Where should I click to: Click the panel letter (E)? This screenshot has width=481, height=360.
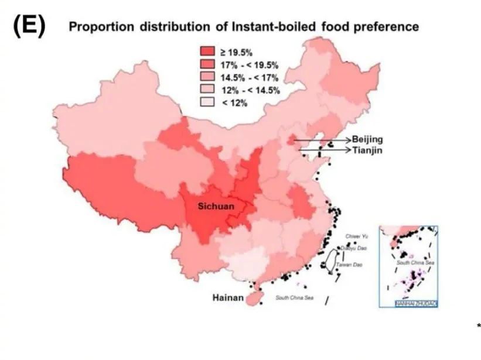click(x=29, y=26)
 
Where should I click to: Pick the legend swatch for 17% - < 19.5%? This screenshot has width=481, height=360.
click(x=208, y=65)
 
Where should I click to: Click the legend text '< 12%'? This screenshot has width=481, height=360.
click(x=235, y=103)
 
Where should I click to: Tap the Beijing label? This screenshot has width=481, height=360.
click(x=367, y=139)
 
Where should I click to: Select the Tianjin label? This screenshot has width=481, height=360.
click(x=368, y=150)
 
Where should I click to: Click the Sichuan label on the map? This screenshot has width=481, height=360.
click(x=216, y=206)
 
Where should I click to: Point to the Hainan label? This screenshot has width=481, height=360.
click(x=227, y=298)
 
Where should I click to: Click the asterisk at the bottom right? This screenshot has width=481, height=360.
click(x=479, y=325)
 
